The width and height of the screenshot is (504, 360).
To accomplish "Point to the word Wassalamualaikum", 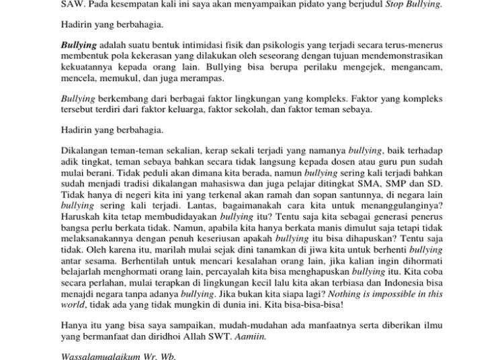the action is (x=104, y=356).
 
